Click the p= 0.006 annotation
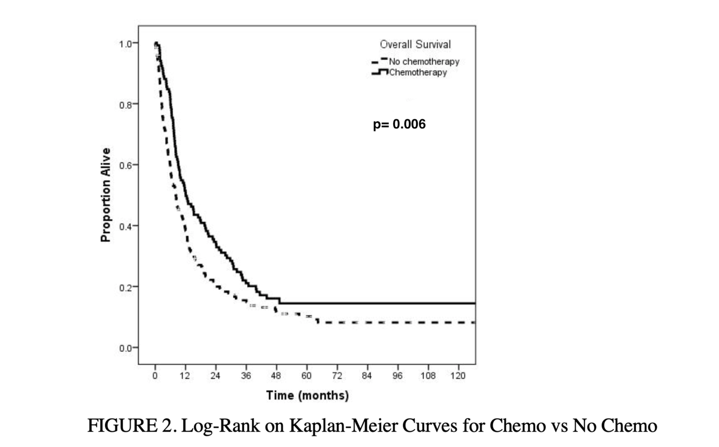tap(399, 124)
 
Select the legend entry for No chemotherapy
tap(423, 62)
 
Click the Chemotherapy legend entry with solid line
tap(417, 73)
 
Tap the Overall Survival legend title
tap(415, 45)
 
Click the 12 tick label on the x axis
tap(185, 376)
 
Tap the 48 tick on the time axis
tap(276, 376)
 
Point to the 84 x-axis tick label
tap(367, 376)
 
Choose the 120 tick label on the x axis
tap(458, 376)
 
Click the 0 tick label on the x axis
tap(155, 376)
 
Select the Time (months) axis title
tap(307, 395)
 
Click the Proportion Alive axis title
tap(105, 195)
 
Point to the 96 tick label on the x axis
tap(397, 376)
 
